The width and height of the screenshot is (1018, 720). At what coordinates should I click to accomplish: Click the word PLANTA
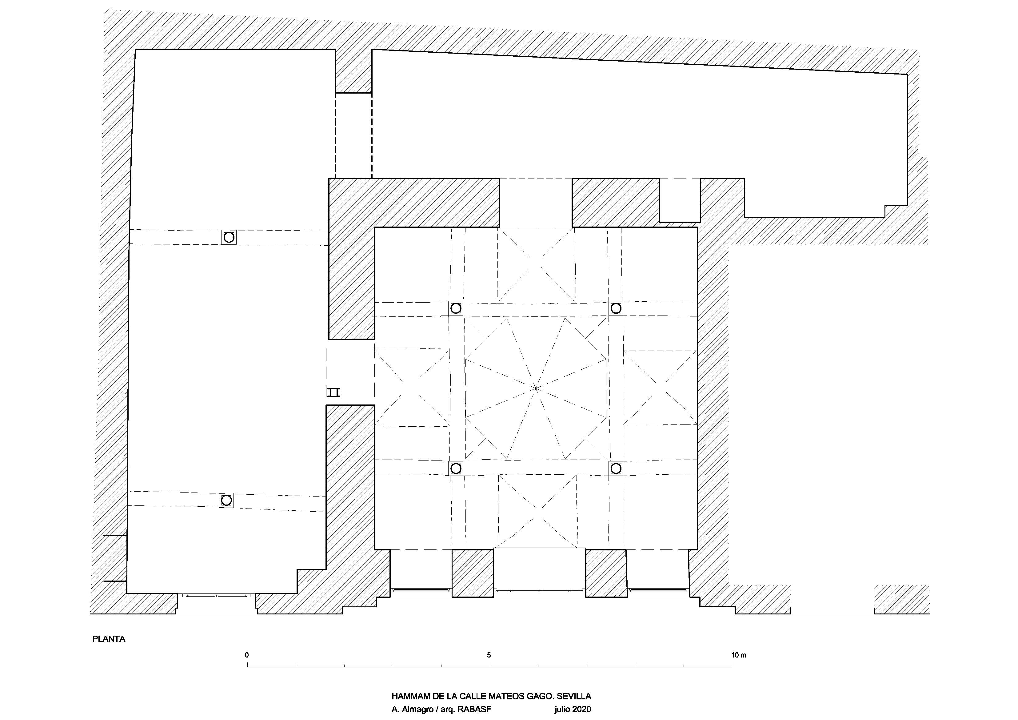pos(109,639)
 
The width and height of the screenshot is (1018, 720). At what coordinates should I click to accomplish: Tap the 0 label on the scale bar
pos(247,655)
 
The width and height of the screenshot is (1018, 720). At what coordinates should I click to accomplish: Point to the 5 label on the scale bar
pos(489,655)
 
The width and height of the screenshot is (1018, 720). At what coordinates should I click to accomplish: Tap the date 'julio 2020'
pos(573,710)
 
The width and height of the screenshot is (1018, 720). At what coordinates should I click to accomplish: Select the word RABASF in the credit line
pos(475,710)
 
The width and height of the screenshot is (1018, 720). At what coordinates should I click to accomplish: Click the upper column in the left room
pos(229,237)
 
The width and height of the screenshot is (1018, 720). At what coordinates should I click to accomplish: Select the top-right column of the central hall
pos(616,308)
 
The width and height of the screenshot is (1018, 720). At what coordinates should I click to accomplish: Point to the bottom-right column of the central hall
pos(616,468)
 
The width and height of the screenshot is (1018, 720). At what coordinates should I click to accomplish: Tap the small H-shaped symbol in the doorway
pos(333,392)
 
